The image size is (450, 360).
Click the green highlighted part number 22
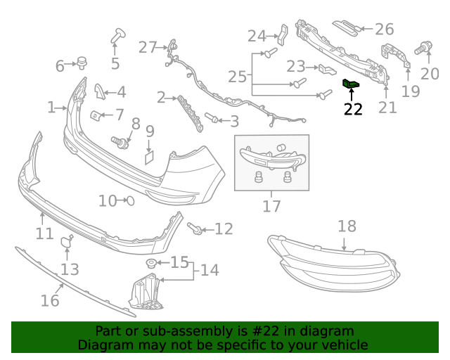[350, 84]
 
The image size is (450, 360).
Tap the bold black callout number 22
[353, 109]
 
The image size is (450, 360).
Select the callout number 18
[347, 226]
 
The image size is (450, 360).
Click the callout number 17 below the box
[271, 206]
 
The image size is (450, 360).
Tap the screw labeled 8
[121, 142]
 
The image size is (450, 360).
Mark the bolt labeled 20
[423, 48]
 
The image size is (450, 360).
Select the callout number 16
[49, 300]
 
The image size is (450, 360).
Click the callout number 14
[209, 270]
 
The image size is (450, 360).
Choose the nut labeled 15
[150, 264]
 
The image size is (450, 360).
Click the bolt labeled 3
[210, 118]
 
